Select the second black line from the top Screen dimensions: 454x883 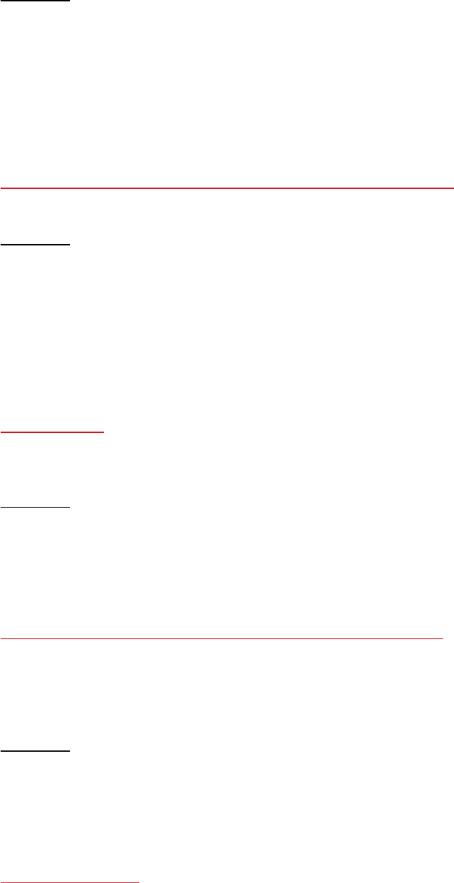35,244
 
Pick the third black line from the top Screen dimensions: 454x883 35,507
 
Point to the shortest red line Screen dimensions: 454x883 52,431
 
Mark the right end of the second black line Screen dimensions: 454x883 69,244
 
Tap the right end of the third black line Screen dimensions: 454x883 69,507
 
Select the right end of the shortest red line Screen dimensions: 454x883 103,431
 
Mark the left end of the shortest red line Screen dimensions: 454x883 1,431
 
